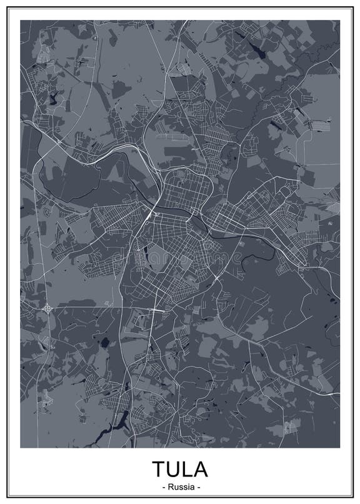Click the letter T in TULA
tap(159, 468)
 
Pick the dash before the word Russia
tap(164, 486)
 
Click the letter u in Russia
tap(175, 486)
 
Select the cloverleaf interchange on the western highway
tap(47, 308)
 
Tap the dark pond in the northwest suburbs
tap(53, 98)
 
